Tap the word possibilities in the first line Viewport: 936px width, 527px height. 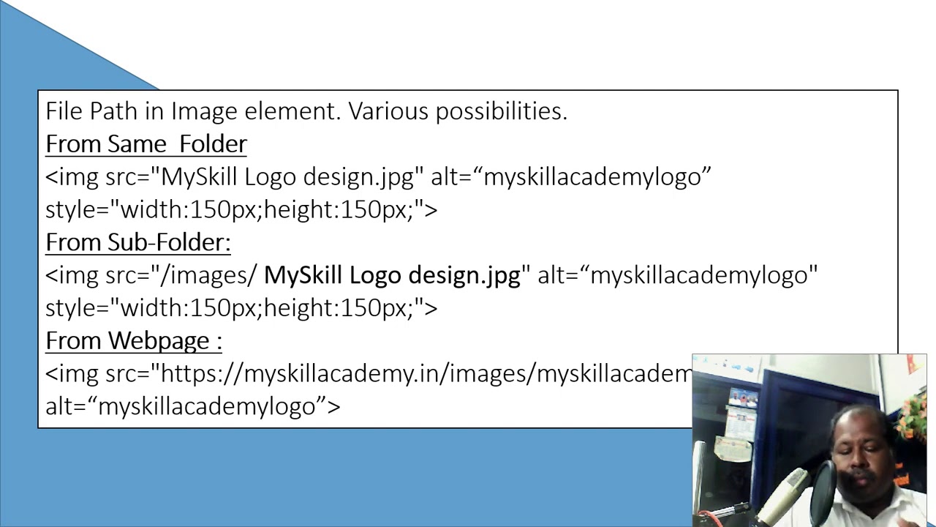(x=502, y=111)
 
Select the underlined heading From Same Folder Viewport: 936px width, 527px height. (x=146, y=143)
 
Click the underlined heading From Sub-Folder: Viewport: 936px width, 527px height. (x=137, y=242)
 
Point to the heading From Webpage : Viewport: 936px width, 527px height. (x=133, y=340)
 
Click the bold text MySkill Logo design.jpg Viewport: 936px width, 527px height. (x=392, y=275)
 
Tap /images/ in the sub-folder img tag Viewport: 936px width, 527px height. (x=208, y=275)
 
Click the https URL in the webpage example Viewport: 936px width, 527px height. (x=424, y=373)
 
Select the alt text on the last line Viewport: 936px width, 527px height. (x=192, y=406)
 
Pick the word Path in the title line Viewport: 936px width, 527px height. (x=117, y=111)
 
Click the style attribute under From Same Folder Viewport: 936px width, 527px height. (x=241, y=210)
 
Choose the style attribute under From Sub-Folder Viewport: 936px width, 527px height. (x=241, y=308)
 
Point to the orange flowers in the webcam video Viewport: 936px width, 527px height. (x=911, y=417)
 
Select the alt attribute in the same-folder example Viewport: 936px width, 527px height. (x=570, y=177)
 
